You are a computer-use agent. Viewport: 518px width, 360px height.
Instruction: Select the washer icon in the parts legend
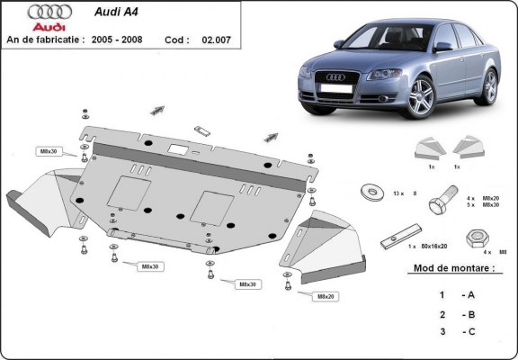pyautogui.click(x=369, y=192)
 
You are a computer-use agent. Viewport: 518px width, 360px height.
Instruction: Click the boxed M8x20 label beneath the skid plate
pyautogui.click(x=325, y=296)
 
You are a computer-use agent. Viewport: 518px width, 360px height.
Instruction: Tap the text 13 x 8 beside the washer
pyautogui.click(x=406, y=193)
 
